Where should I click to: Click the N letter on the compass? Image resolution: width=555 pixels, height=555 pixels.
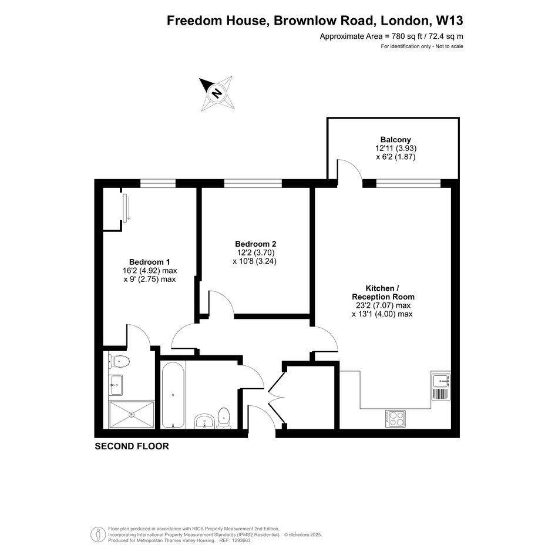click(216, 93)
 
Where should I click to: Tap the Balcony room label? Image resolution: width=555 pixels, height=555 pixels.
click(396, 139)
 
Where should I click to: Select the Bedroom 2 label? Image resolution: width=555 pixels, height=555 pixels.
click(255, 244)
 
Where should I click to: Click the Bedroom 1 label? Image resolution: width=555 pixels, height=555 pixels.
click(149, 262)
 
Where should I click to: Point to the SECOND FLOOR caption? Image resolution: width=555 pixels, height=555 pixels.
click(132, 446)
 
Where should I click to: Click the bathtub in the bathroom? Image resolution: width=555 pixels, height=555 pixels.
click(173, 395)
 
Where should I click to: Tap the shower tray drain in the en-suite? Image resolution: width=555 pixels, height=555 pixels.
click(132, 414)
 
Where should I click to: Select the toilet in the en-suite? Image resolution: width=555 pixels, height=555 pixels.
click(119, 362)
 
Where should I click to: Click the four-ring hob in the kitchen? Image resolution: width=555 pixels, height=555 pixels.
click(395, 419)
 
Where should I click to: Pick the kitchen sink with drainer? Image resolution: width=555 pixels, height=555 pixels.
click(440, 386)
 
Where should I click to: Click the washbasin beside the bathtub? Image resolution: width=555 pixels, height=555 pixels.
click(204, 421)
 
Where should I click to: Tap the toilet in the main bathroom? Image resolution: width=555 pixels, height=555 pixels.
click(224, 418)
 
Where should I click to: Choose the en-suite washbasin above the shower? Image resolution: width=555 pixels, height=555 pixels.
click(116, 385)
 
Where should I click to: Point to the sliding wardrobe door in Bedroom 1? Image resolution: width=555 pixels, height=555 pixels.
click(125, 208)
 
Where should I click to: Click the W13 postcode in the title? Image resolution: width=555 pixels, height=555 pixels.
click(449, 21)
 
